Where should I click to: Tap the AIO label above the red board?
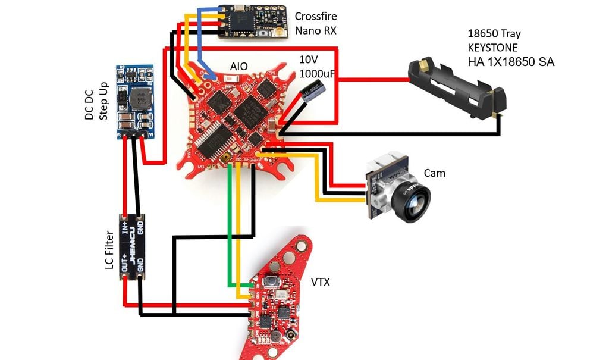238,66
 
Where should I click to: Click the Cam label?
434,173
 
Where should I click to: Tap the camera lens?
416,199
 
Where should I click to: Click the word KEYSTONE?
493,48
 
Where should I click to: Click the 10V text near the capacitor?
309,60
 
